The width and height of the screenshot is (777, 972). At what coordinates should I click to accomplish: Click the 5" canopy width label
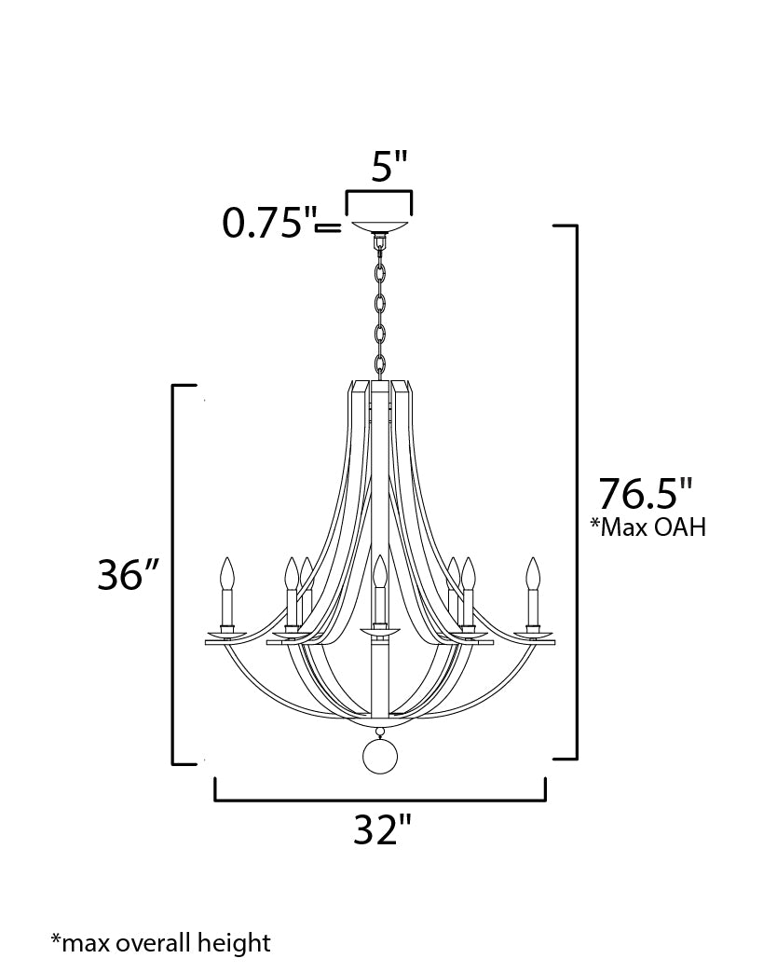point(389,167)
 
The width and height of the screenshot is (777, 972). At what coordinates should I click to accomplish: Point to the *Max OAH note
point(648,527)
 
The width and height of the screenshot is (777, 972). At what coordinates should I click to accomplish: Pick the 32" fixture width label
point(381,829)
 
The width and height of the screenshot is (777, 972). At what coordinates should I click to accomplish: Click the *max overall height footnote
point(160,942)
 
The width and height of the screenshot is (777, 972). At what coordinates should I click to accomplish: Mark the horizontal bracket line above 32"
point(380,800)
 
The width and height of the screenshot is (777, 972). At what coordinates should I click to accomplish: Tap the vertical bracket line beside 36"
point(174,574)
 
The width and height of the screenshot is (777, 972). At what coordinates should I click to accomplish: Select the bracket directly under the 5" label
point(379,193)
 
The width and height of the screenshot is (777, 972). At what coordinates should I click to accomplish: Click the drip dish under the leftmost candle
point(225,637)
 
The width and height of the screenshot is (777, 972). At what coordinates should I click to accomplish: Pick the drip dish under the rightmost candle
point(533,637)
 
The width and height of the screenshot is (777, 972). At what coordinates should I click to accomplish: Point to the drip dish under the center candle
point(379,633)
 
